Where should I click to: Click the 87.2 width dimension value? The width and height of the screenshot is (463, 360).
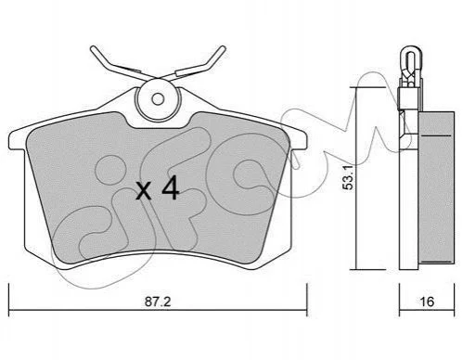[158, 302]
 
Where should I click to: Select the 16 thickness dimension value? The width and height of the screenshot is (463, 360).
[427, 302]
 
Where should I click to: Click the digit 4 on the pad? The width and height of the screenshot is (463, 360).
[171, 187]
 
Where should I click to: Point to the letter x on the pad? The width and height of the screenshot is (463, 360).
[144, 191]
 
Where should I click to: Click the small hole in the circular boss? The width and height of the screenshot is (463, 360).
[158, 99]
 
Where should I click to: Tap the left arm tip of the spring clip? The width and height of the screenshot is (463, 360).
[93, 48]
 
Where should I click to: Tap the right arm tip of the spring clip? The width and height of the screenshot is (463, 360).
[223, 48]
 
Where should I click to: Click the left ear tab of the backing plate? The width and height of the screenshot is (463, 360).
[17, 141]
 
